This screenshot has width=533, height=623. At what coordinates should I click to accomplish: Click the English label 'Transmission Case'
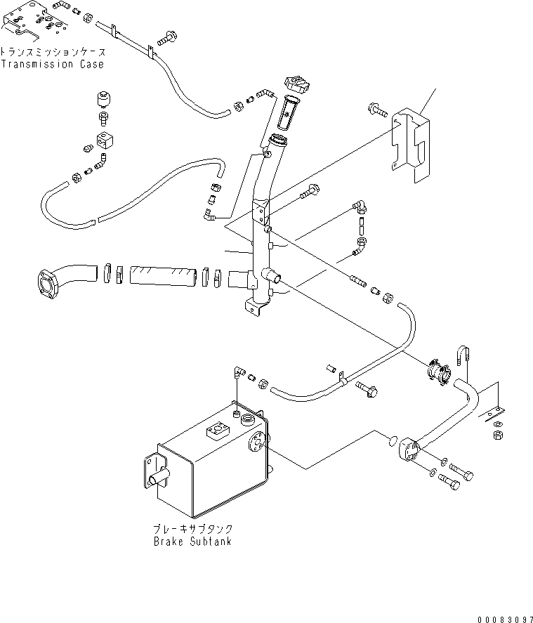pyautogui.click(x=52, y=65)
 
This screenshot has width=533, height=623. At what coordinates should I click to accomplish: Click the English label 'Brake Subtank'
pyautogui.click(x=192, y=542)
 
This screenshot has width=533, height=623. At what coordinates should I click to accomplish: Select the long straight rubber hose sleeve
pyautogui.click(x=163, y=273)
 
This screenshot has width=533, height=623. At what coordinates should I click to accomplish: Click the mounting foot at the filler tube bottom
pyautogui.click(x=254, y=306)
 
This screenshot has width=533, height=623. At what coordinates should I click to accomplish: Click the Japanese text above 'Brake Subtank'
pyautogui.click(x=192, y=528)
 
